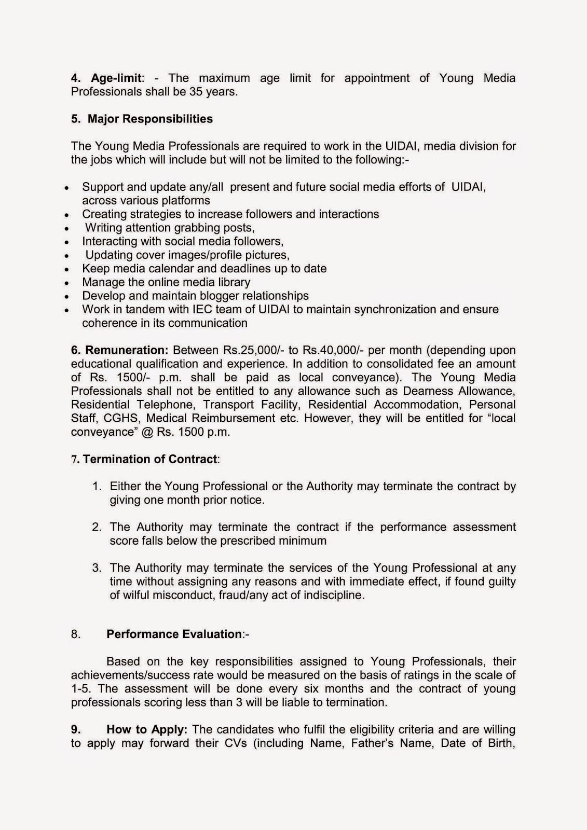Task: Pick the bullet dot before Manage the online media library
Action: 66,283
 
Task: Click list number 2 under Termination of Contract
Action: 97,527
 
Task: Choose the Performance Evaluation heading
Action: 174,634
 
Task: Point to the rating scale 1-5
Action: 81,689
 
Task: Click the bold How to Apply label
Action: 147,729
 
